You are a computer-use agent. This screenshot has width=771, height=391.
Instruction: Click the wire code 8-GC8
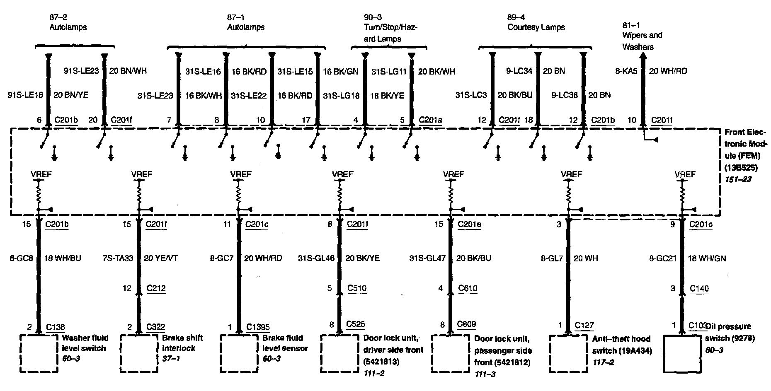[x=21, y=258]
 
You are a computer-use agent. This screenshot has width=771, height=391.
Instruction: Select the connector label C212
[x=156, y=289]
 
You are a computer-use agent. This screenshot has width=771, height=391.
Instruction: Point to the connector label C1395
[x=258, y=327]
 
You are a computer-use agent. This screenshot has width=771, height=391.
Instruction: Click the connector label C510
[x=357, y=289]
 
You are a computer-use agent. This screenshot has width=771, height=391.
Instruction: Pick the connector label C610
[x=468, y=289]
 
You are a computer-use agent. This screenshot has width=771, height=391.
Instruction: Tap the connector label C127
[x=584, y=326]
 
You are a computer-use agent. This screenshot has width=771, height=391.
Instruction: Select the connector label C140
[x=699, y=289]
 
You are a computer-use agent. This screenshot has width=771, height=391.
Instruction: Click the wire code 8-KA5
[x=626, y=71]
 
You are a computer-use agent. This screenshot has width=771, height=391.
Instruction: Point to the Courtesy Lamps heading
[x=536, y=27]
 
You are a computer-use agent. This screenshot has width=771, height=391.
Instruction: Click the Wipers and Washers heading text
[x=642, y=41]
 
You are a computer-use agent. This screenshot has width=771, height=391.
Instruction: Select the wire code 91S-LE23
[x=81, y=71]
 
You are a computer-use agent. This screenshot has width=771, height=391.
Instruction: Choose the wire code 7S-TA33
[x=118, y=258]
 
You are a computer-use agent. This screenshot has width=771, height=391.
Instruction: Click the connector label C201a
[x=430, y=120]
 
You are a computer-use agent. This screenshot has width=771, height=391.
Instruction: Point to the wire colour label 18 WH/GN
[x=707, y=258]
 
